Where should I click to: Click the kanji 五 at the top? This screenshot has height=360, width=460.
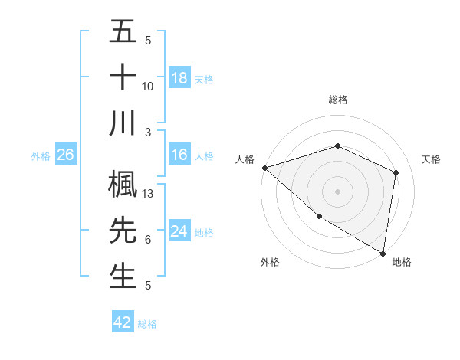point(123,33)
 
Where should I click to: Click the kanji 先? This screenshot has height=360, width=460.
point(123,229)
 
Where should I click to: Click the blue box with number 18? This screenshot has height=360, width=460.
point(179,77)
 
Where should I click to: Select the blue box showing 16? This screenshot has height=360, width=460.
point(179,155)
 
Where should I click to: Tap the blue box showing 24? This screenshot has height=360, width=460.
point(179,231)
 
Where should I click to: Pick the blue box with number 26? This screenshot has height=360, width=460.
point(66,155)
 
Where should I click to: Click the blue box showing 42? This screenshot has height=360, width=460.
point(123,322)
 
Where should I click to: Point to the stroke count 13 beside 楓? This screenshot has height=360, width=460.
point(148,195)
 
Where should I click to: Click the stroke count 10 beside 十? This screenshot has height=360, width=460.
point(148,86)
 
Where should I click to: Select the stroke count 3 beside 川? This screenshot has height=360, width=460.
point(148,132)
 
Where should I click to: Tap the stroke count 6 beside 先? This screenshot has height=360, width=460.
point(148,240)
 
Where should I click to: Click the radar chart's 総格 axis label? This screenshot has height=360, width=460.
point(337,100)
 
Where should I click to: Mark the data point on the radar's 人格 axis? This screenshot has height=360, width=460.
point(264,168)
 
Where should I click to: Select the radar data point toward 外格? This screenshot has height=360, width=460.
point(318,216)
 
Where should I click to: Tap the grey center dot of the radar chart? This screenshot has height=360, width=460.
point(337,191)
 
